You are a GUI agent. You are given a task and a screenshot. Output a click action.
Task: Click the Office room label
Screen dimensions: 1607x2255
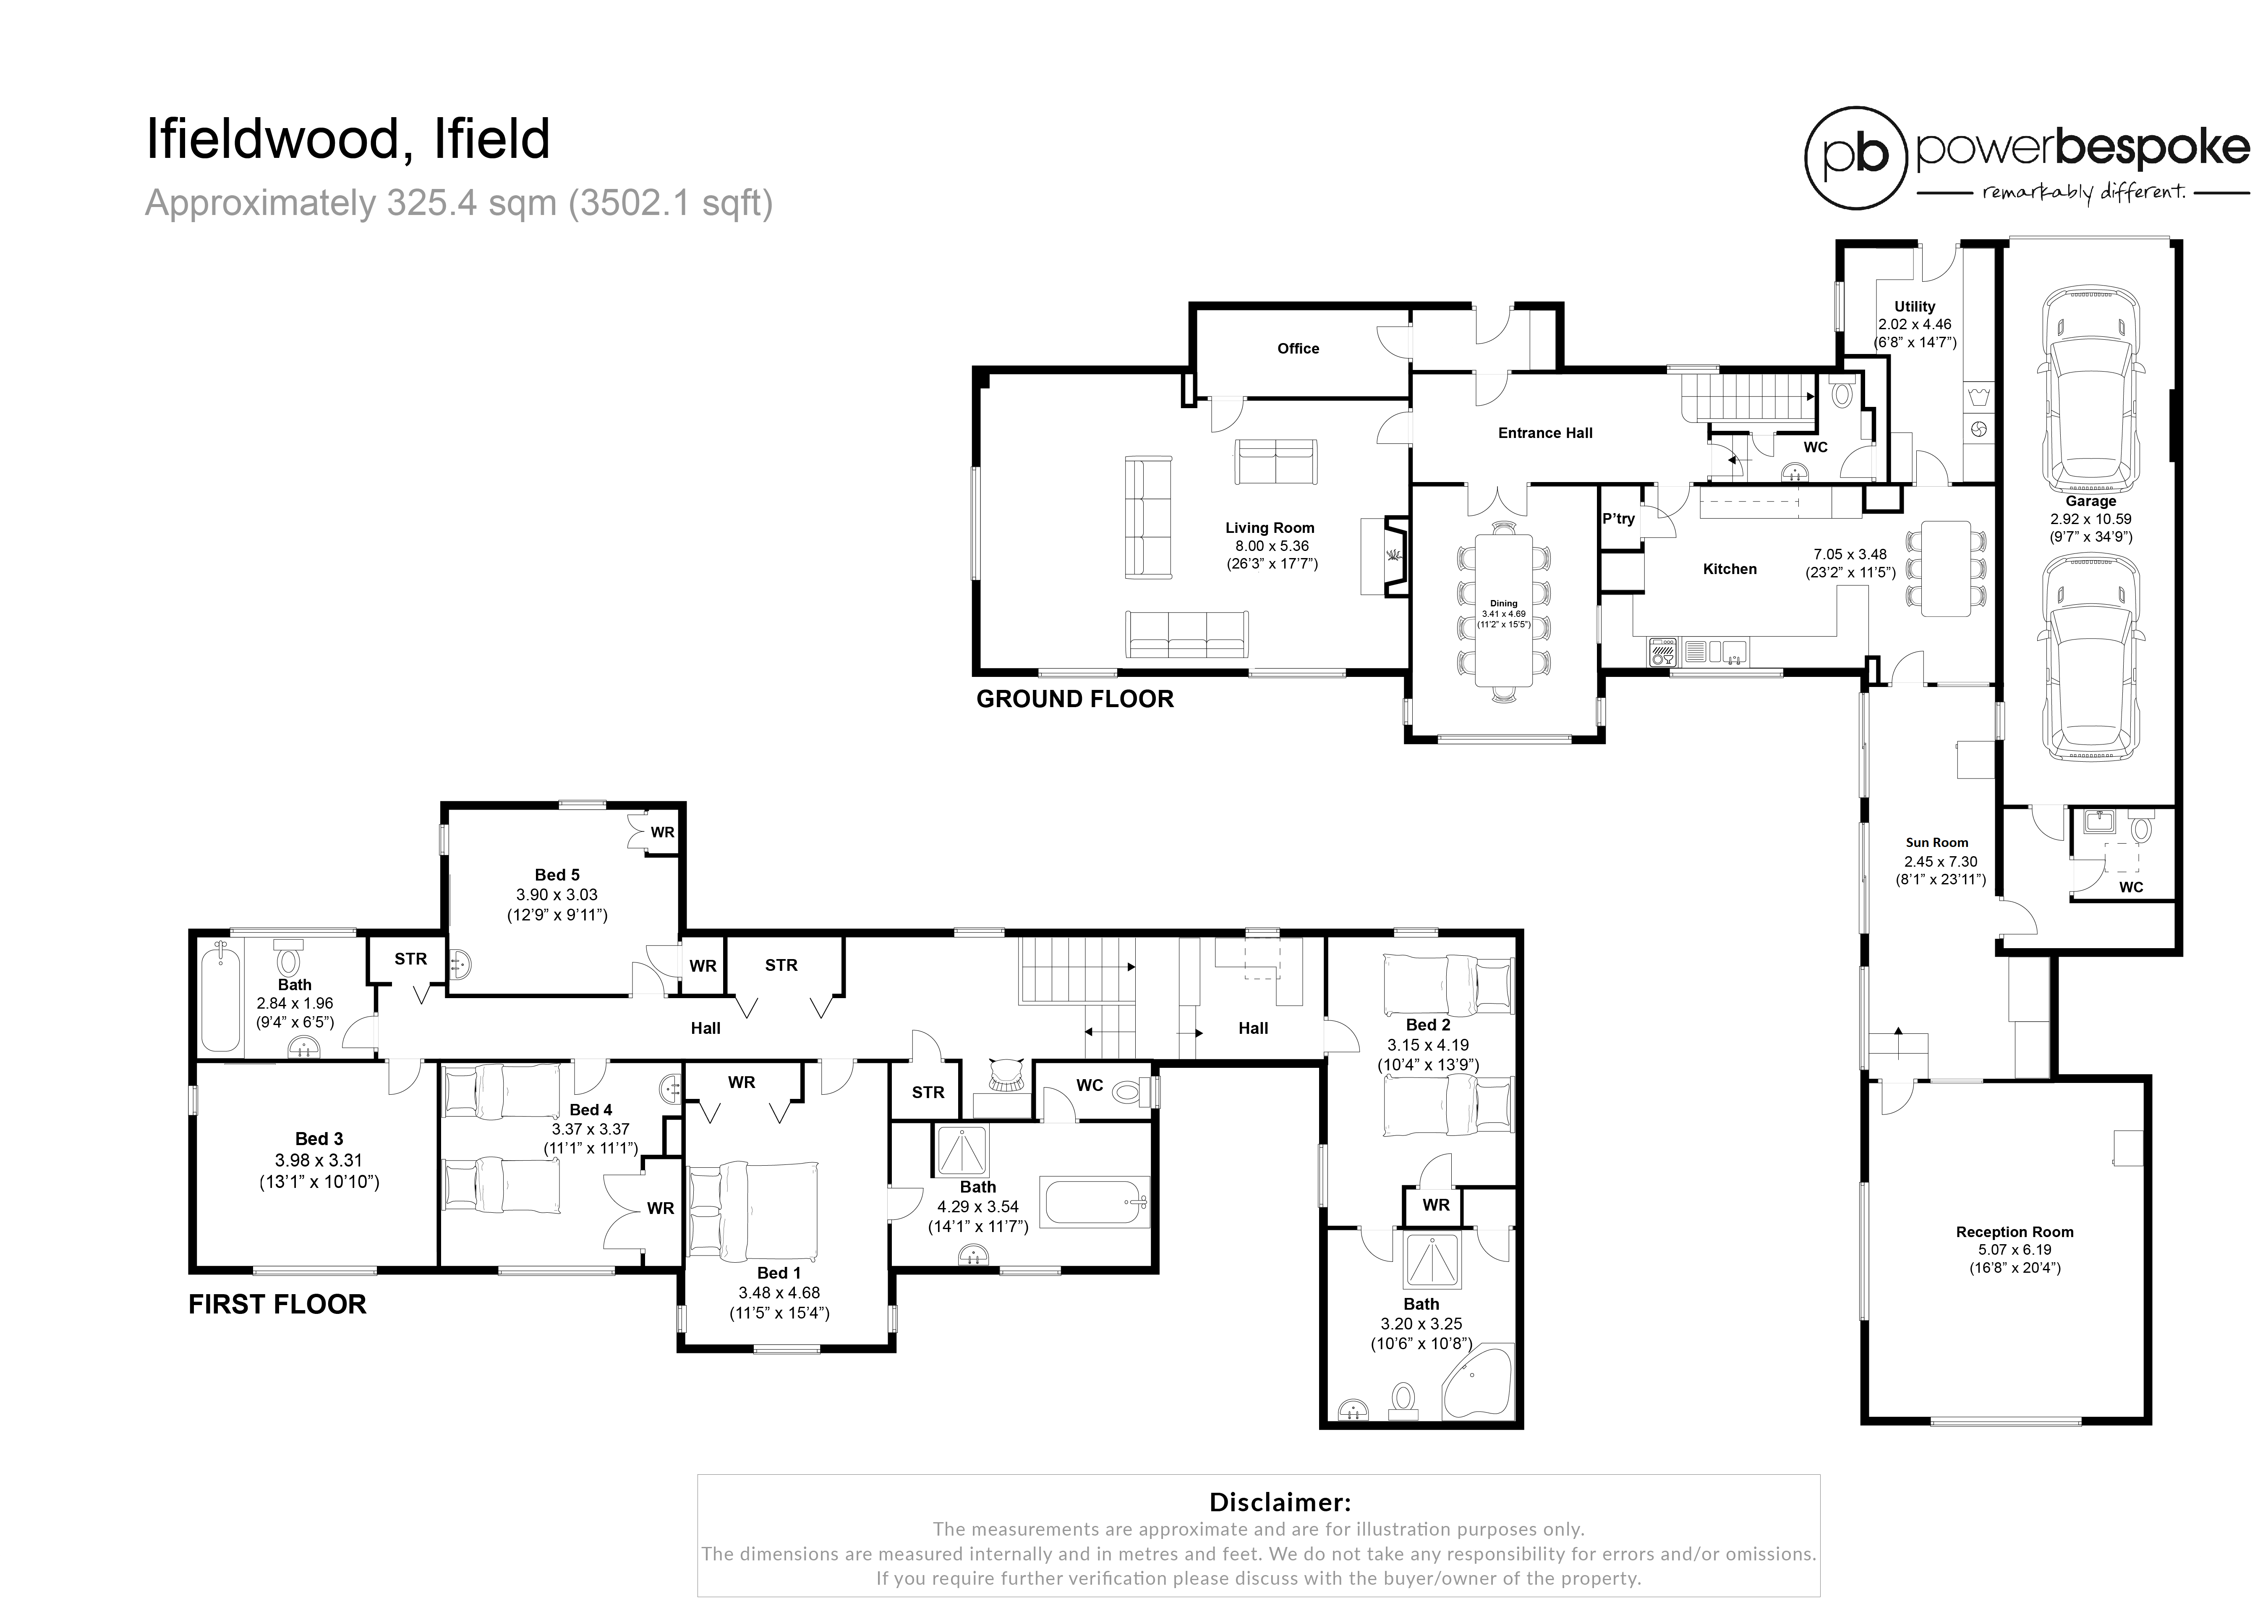pyautogui.click(x=1298, y=348)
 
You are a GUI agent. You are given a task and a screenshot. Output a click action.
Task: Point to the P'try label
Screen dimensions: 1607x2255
pyautogui.click(x=1618, y=519)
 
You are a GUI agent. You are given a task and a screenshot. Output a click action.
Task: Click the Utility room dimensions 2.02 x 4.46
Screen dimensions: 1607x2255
pyautogui.click(x=1915, y=325)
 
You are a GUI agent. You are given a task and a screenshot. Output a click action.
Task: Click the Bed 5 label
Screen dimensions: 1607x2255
pyautogui.click(x=557, y=875)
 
